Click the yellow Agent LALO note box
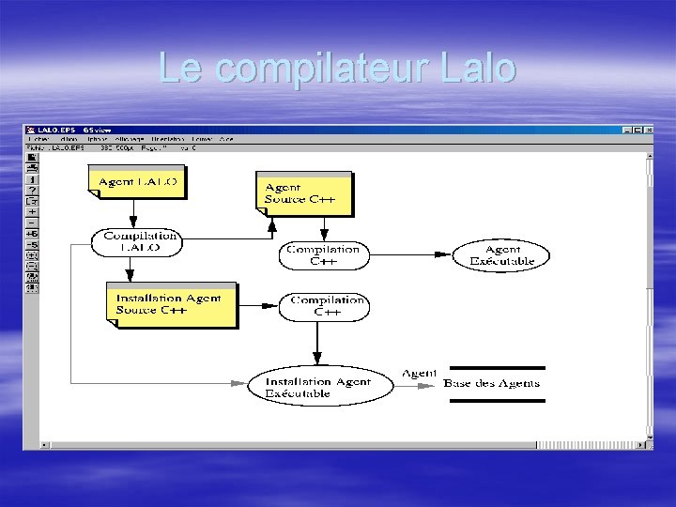pos(136,181)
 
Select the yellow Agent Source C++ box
pos(303,192)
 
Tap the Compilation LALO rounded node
pos(136,242)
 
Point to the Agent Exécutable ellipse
pos(501,255)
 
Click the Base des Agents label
pos(492,383)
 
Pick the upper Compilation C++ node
pos(323,255)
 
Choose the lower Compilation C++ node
pos(323,306)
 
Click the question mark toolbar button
pos(31,190)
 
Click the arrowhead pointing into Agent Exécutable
pos(448,255)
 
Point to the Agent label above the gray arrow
pos(420,373)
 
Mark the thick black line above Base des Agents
pos(497,367)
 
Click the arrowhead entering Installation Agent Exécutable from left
pos(238,383)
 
